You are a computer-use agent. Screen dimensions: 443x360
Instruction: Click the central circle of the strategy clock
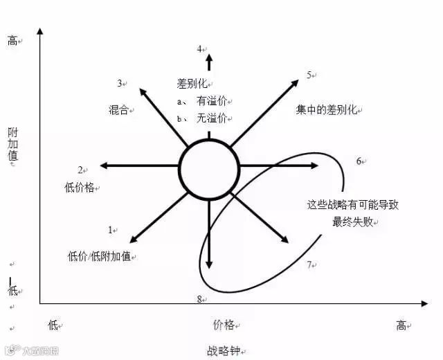[209, 168]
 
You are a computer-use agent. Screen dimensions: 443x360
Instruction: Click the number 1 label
[110, 229]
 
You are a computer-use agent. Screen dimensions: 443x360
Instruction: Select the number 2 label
[80, 170]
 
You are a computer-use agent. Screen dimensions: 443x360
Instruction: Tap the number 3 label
[120, 83]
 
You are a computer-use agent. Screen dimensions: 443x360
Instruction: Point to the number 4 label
[199, 49]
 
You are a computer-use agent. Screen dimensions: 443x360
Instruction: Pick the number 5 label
[310, 75]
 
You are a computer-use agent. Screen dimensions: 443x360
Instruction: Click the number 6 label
[359, 161]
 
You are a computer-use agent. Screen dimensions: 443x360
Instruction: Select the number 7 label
[309, 264]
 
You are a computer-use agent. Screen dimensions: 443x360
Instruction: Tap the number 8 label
[199, 299]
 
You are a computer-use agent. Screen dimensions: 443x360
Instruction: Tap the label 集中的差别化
[326, 109]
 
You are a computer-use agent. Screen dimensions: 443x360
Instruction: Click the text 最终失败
[352, 222]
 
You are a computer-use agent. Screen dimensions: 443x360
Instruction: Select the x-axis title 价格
[224, 323]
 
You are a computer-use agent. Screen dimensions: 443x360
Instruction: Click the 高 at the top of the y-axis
[12, 41]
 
